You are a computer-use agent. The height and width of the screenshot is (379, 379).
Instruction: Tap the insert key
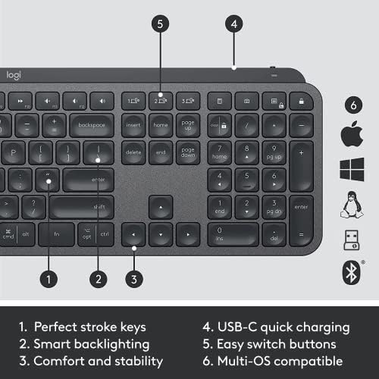click(x=133, y=125)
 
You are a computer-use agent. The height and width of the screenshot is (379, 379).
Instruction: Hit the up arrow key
click(x=160, y=206)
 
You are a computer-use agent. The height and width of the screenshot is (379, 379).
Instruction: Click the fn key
click(x=56, y=233)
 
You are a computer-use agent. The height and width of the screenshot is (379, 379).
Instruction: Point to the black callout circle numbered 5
click(x=160, y=23)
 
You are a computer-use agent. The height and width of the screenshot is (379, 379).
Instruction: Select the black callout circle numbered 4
click(x=235, y=23)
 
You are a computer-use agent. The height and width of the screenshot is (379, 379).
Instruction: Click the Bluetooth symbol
click(x=350, y=271)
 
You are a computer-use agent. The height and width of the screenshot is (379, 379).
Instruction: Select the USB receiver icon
click(x=350, y=238)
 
